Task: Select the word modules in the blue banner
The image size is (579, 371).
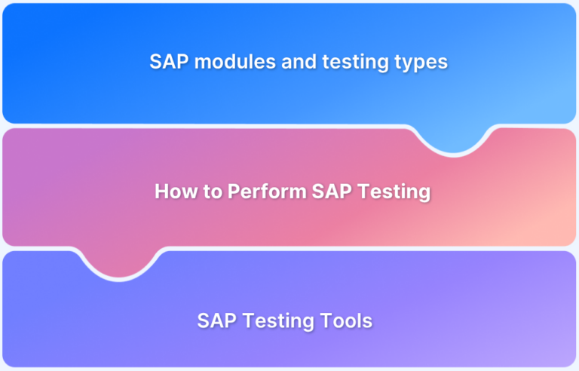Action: [x=231, y=62]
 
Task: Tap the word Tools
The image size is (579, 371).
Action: [x=349, y=320]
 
